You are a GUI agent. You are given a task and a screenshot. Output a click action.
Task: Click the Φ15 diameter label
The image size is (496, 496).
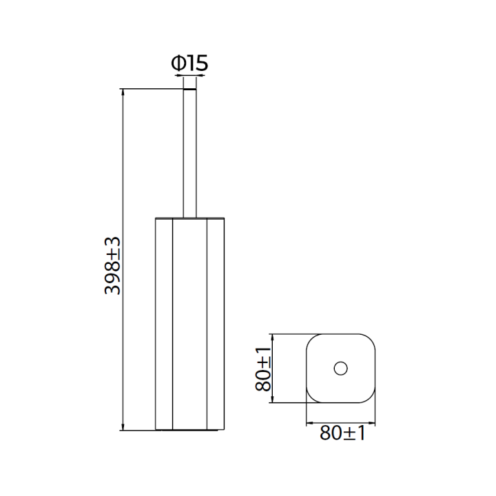(189, 63)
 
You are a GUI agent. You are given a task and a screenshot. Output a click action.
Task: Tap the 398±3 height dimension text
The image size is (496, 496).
(112, 266)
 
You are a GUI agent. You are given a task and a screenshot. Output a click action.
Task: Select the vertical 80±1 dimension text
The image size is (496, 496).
(263, 369)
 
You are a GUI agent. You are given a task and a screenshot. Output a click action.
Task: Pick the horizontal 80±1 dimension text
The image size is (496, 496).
(342, 433)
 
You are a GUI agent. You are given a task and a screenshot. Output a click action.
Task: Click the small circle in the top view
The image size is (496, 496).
(341, 368)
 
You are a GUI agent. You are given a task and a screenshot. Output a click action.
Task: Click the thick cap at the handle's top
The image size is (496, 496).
(190, 89)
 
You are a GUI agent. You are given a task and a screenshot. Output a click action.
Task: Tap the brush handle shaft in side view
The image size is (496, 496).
(190, 154)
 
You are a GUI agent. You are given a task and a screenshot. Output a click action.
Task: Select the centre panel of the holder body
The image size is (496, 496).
(189, 324)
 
